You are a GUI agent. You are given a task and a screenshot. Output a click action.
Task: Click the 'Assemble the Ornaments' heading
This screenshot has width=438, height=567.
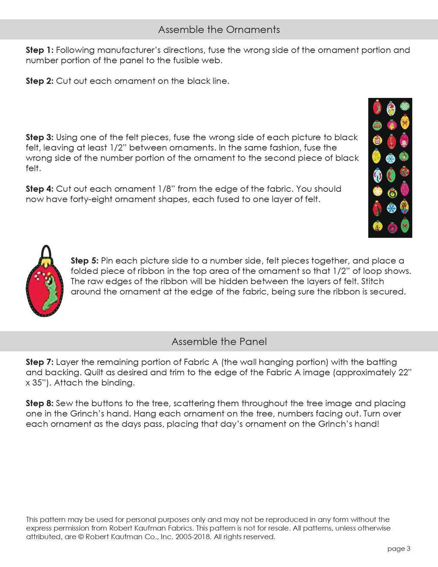coord(219,30)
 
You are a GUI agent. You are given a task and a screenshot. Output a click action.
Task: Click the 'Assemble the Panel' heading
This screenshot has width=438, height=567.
coord(219,341)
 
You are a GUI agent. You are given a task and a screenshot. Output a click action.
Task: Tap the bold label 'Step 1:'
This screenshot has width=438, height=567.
coord(39,50)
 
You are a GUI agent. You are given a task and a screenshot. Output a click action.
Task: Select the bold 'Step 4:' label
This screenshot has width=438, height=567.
coord(39,189)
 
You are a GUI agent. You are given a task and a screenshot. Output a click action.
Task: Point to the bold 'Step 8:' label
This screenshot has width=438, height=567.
coord(39,403)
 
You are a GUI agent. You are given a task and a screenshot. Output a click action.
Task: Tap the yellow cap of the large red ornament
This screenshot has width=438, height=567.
coord(45,260)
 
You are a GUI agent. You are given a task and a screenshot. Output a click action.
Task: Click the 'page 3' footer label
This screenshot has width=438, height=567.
coord(399,549)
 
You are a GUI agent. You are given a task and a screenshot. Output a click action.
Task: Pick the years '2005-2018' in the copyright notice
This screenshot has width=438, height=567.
coord(193,537)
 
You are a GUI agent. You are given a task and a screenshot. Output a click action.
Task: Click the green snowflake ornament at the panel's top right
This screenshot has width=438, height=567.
coord(405,106)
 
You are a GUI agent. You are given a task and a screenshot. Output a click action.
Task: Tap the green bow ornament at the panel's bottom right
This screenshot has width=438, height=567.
coord(405,225)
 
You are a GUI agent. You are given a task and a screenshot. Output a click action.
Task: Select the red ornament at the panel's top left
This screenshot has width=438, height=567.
coord(377,107)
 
